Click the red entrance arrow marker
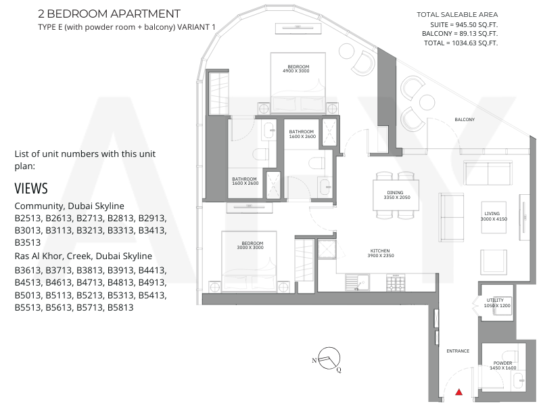click(459, 392)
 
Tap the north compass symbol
click(329, 359)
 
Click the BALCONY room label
click(465, 120)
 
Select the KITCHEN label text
click(380, 250)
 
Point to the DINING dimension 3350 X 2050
click(397, 198)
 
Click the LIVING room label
click(492, 214)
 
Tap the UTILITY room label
click(495, 300)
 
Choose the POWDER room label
click(502, 363)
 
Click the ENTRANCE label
click(458, 351)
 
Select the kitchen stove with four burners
click(396, 282)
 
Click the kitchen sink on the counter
click(358, 282)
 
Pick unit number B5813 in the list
click(120, 307)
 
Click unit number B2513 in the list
click(28, 218)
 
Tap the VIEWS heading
click(31, 189)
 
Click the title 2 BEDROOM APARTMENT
click(109, 14)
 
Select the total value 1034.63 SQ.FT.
click(475, 43)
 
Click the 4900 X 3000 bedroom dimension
click(296, 71)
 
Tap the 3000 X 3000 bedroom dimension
click(250, 248)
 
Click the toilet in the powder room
click(511, 356)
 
